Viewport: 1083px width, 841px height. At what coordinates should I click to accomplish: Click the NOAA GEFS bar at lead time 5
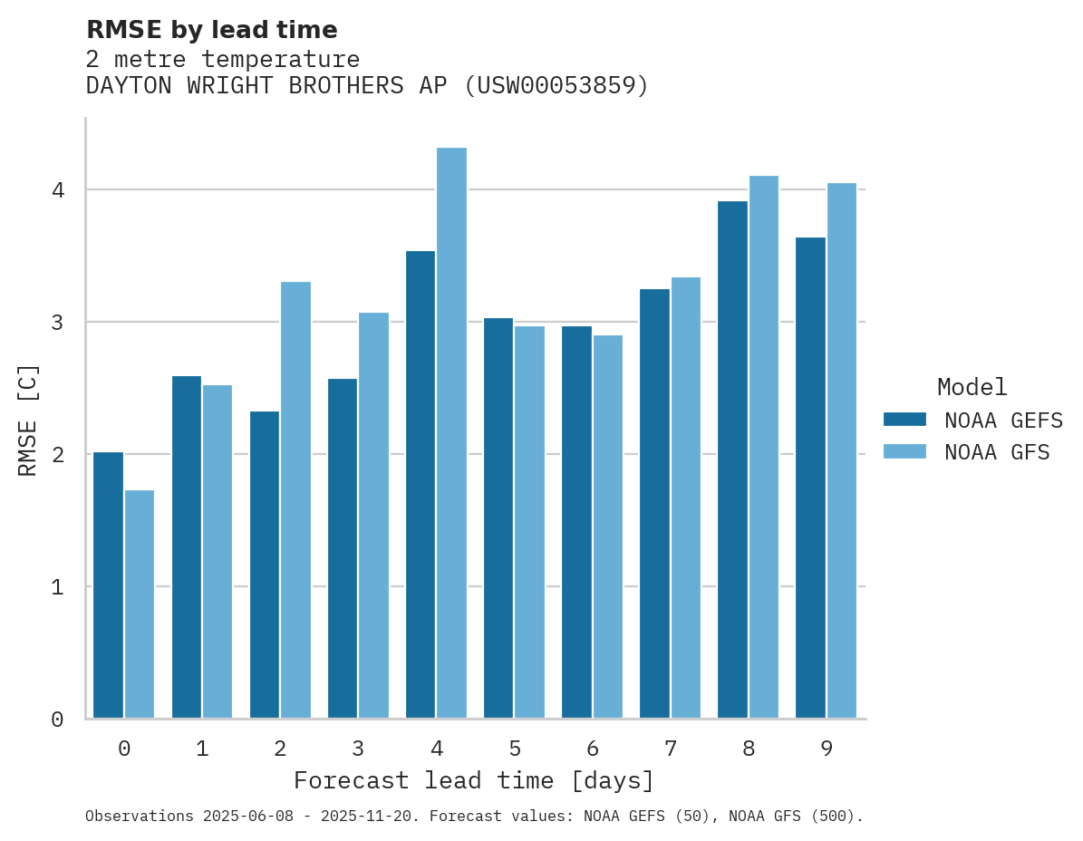point(498,517)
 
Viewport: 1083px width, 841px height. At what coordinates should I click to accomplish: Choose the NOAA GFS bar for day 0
point(140,604)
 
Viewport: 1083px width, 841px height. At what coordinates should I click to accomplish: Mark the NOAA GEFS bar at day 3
point(343,548)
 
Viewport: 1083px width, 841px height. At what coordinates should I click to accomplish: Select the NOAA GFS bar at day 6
point(607,527)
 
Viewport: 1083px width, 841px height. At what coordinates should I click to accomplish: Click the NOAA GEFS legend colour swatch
point(904,420)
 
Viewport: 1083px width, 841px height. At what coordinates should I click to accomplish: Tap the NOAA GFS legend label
point(997,452)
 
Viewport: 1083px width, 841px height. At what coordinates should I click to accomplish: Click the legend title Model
point(972,388)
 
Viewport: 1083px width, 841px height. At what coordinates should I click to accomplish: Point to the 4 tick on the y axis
point(57,190)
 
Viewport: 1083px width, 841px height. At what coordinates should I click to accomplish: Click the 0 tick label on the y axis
point(57,720)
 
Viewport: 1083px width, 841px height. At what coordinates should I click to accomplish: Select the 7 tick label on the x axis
point(671,749)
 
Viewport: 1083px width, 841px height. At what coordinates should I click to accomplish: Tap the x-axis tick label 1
point(202,749)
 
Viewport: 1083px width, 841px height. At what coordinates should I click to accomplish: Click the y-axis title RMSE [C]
point(29,420)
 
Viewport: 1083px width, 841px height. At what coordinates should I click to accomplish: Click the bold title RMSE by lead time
point(211,30)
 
